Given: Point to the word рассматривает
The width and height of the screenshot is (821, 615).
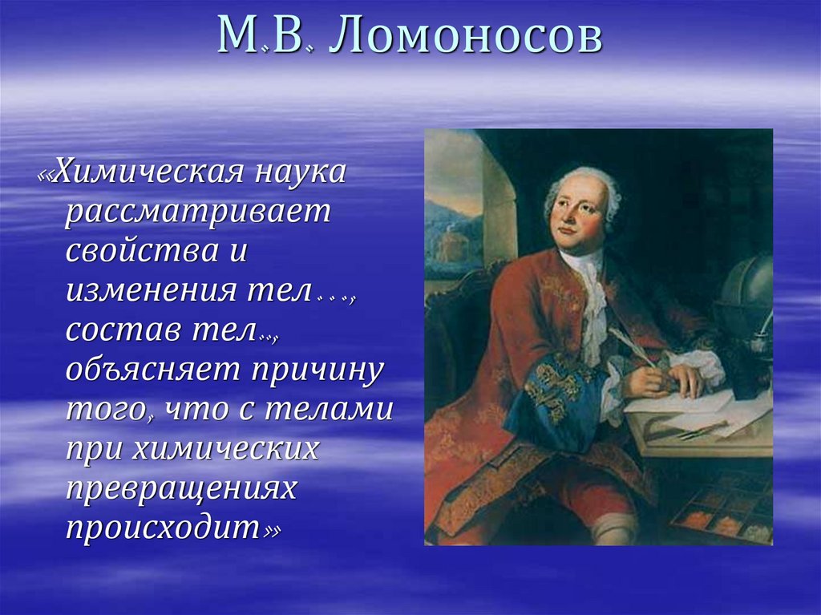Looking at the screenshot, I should coord(199,212).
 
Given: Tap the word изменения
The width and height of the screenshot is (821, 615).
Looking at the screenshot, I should coord(150,290).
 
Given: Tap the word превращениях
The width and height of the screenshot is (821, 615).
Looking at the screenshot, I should coord(181,488).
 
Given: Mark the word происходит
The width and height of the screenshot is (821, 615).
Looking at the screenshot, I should coord(164,528).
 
